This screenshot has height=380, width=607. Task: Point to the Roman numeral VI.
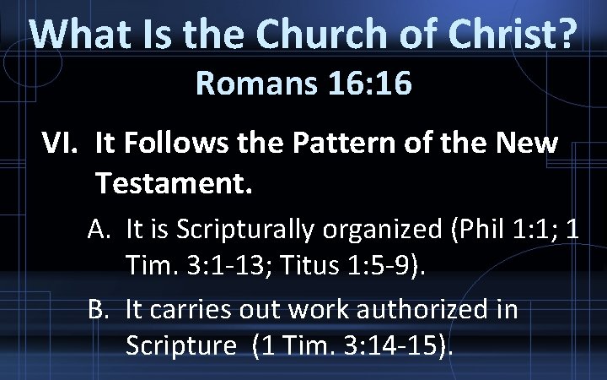pyautogui.click(x=61, y=144)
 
